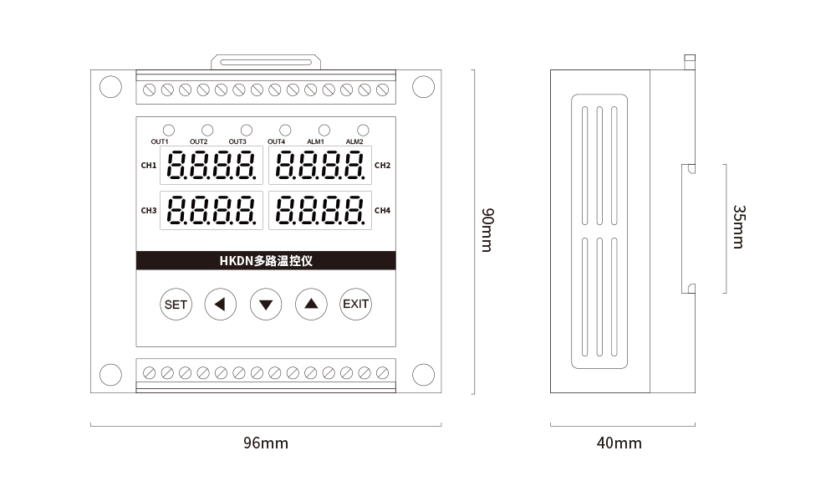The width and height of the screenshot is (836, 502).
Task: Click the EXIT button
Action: pyautogui.click(x=355, y=304)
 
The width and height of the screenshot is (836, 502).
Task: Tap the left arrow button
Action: pyautogui.click(x=220, y=304)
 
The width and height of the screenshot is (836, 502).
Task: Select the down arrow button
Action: pyautogui.click(x=266, y=304)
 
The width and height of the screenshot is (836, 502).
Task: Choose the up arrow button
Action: pyautogui.click(x=311, y=304)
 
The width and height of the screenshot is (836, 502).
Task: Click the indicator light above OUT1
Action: pyautogui.click(x=169, y=130)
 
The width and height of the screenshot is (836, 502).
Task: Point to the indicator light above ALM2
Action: pyautogui.click(x=363, y=130)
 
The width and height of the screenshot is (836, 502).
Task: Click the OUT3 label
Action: pyautogui.click(x=237, y=142)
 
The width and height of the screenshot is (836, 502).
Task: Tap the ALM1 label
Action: pyautogui.click(x=315, y=142)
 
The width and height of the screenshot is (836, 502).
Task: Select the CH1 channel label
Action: pyautogui.click(x=149, y=166)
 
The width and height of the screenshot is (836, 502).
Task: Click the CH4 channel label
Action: pyautogui.click(x=382, y=211)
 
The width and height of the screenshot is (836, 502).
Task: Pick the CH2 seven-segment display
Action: pyautogui.click(x=320, y=165)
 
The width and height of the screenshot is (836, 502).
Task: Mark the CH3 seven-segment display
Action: pyautogui.click(x=212, y=210)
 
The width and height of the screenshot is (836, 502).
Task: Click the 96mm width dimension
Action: pyautogui.click(x=266, y=443)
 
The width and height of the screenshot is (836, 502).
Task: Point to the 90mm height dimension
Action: pyautogui.click(x=487, y=230)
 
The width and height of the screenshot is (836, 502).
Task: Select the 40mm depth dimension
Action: pyautogui.click(x=619, y=443)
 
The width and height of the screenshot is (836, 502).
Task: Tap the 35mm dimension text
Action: pyautogui.click(x=739, y=227)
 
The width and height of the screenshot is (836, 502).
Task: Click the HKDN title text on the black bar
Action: pyautogui.click(x=266, y=261)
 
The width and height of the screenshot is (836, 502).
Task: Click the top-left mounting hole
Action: pyautogui.click(x=111, y=87)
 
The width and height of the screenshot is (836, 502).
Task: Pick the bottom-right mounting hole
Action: pyautogui.click(x=423, y=375)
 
